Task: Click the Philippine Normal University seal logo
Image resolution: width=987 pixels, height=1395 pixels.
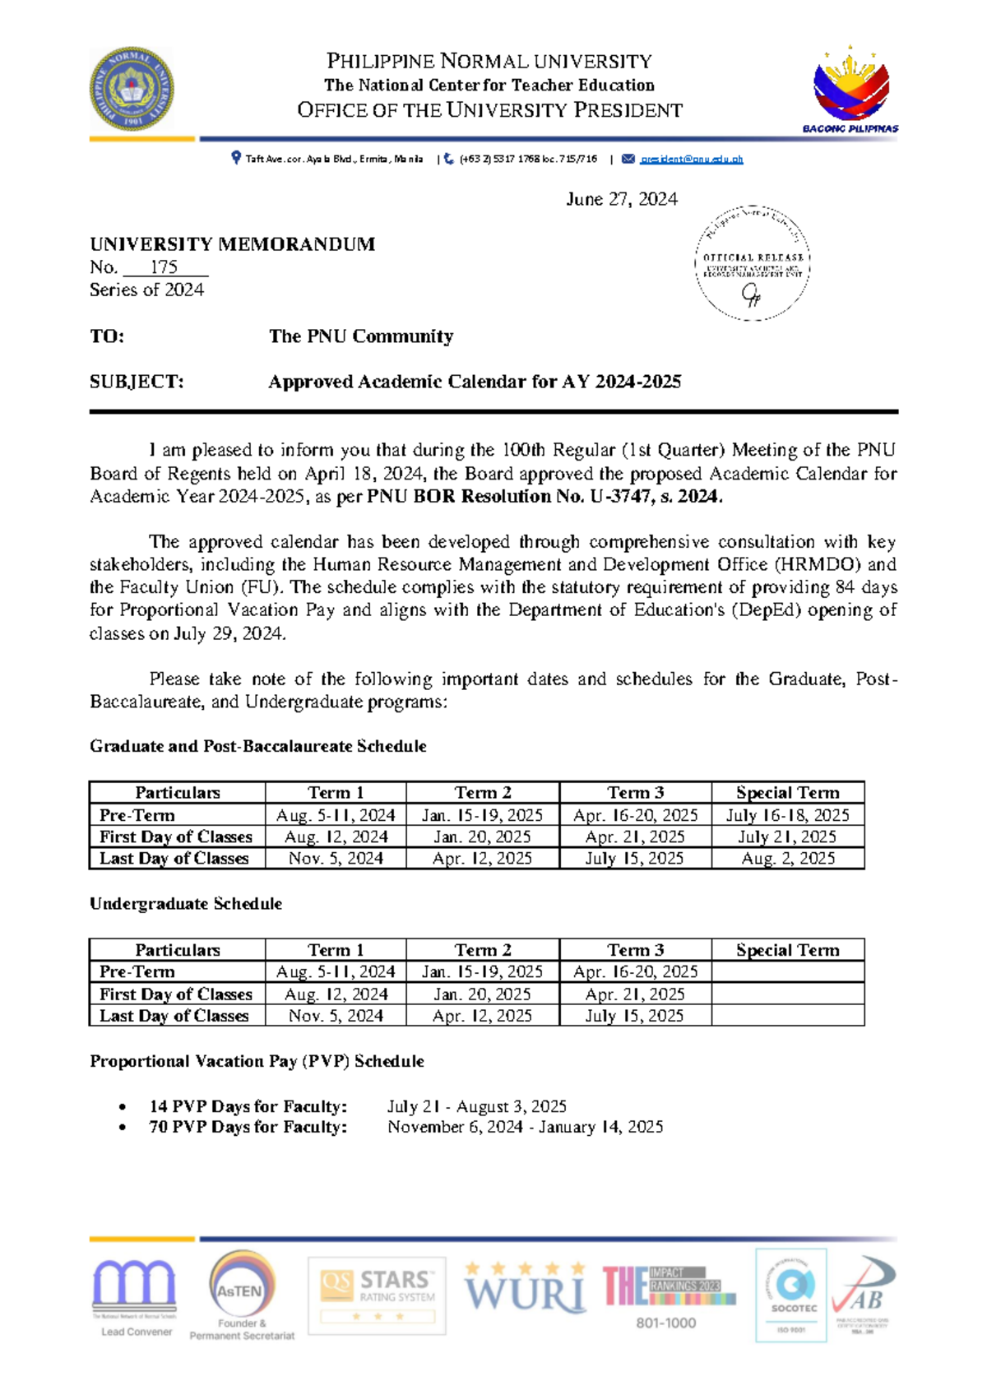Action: coord(132,88)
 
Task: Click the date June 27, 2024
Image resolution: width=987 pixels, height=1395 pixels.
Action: coord(621,199)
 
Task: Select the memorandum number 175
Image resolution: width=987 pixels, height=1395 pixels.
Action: coord(164,267)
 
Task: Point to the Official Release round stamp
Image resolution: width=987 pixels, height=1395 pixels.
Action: coord(752,262)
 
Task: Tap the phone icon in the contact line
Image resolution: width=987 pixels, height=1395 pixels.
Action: coord(449,160)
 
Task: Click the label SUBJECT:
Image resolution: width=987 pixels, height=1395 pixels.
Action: coord(137,382)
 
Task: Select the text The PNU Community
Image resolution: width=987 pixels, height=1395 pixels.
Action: coord(361,336)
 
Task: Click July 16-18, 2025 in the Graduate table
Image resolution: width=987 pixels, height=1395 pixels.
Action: coord(787,815)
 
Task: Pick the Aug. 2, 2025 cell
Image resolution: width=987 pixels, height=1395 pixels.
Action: coord(787,859)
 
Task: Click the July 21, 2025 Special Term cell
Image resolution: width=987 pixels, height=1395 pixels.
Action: coord(787,837)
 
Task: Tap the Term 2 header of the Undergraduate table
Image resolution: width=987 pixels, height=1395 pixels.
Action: coord(483,950)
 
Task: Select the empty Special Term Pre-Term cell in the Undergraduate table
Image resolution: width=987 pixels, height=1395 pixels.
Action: coord(787,972)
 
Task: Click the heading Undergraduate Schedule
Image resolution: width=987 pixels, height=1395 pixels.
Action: coord(186,904)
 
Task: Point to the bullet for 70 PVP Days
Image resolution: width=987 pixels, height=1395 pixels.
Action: coord(123,1129)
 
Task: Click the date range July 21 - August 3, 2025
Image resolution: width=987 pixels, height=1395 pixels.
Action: coord(477,1106)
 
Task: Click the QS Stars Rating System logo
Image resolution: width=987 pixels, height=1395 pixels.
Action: coord(377,1295)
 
